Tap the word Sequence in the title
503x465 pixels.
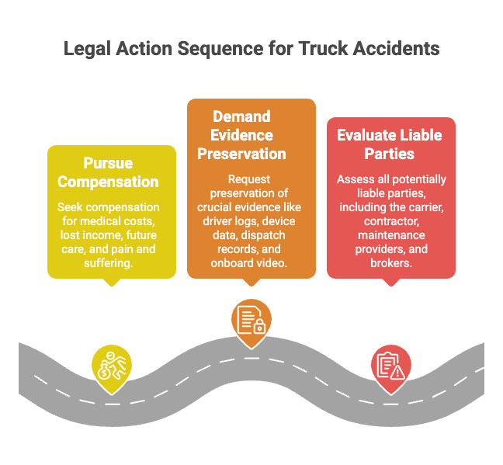coord(220,49)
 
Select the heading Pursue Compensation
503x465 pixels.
coord(108,172)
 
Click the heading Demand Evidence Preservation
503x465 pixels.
coord(241,135)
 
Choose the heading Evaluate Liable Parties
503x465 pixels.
coord(390,144)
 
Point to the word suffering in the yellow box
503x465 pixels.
coord(109,263)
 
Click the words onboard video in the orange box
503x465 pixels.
coord(249,263)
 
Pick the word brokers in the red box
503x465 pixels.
coord(391,263)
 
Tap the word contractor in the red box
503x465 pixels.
coord(391,221)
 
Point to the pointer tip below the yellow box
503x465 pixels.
coord(112,286)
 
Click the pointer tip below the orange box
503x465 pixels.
coord(251,286)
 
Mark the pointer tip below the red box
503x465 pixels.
coord(391,286)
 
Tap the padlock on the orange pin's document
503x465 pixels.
coord(259,327)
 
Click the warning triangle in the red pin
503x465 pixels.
coord(397,373)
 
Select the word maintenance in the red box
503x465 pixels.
coord(391,235)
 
